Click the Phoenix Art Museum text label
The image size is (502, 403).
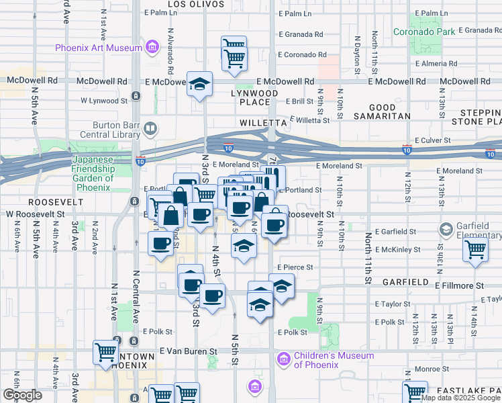(x=99, y=48)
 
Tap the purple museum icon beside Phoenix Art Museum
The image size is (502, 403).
(x=152, y=48)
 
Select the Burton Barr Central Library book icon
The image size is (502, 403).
(x=152, y=128)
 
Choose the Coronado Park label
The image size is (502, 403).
(x=424, y=32)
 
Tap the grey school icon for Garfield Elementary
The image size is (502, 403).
(x=446, y=230)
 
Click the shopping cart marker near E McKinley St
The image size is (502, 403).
(x=475, y=251)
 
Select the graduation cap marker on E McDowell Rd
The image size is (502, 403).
(x=199, y=85)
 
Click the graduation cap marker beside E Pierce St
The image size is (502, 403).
(x=282, y=286)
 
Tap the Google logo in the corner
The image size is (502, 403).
(x=22, y=394)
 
